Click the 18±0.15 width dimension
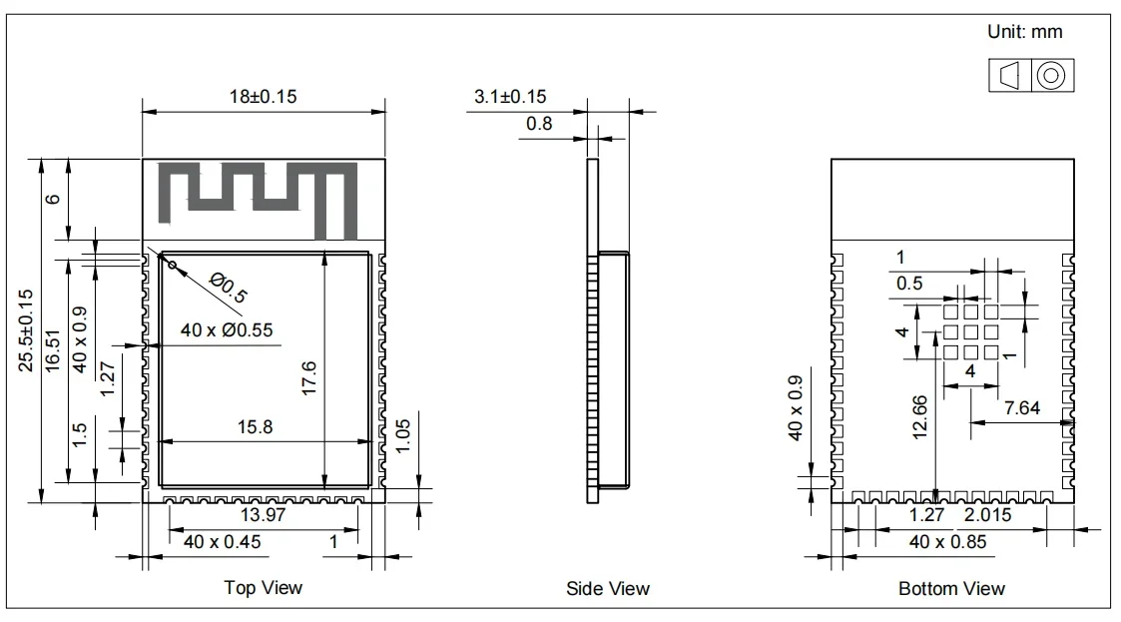[x=263, y=97]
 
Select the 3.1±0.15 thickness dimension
[x=510, y=97]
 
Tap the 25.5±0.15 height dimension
[x=26, y=330]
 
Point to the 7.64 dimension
[x=1021, y=407]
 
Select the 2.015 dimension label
[x=987, y=515]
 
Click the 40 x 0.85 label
[x=948, y=541]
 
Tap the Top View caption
[x=263, y=588]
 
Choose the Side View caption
[x=607, y=588]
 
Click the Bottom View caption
[x=951, y=588]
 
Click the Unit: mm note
[x=1024, y=32]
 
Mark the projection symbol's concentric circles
[x=1051, y=76]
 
